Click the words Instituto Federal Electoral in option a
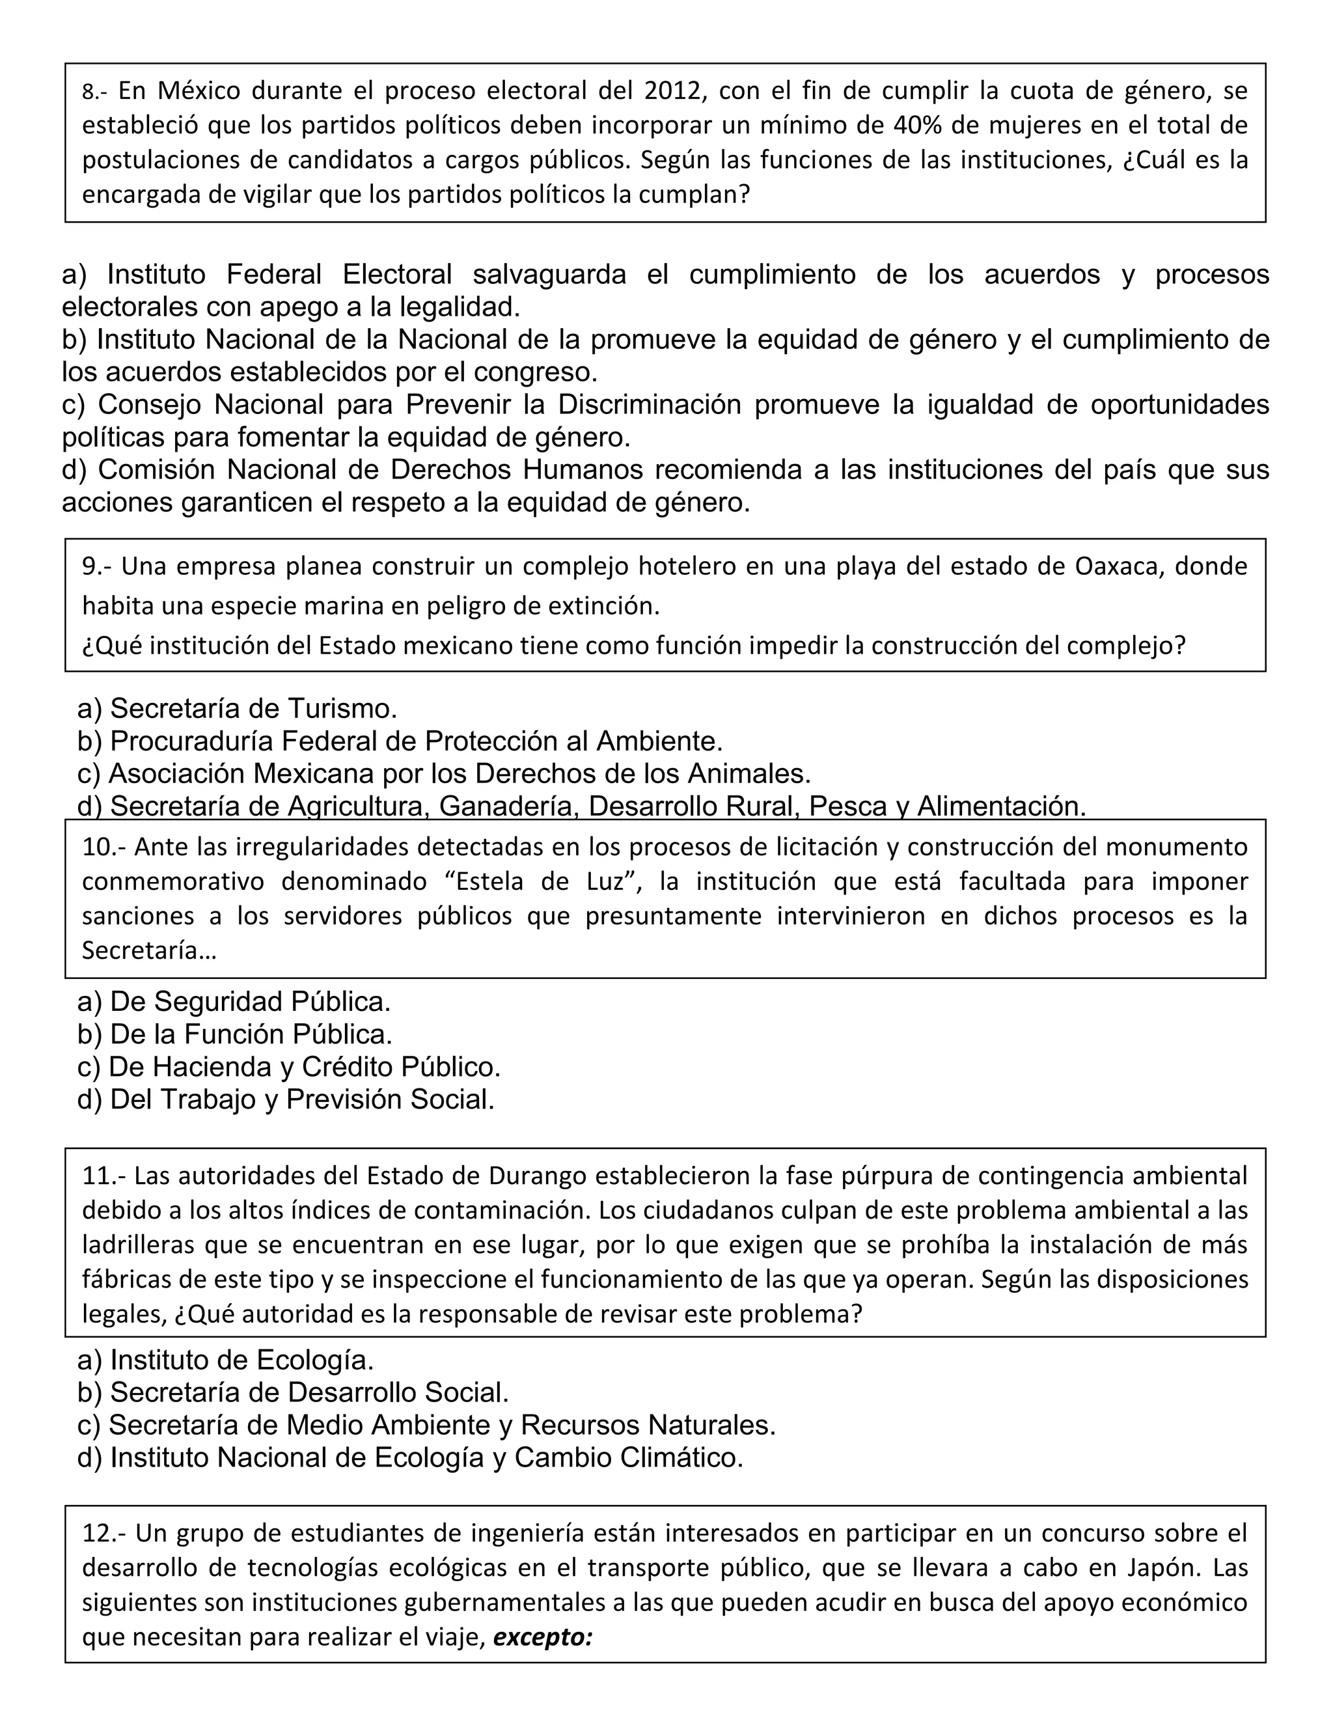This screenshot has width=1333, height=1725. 279,274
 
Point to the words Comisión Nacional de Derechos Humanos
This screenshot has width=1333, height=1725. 370,469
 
